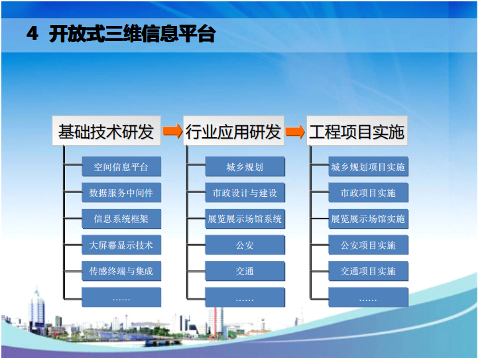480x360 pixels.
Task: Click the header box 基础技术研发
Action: click(x=106, y=131)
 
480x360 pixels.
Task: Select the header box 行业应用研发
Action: click(x=233, y=131)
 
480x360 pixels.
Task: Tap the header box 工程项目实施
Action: click(x=357, y=131)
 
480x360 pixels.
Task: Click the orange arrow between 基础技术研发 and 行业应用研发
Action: click(x=172, y=131)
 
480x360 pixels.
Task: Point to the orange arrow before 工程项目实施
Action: click(x=295, y=131)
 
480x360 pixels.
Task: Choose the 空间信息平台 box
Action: click(x=121, y=166)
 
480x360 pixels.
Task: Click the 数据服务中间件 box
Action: click(x=121, y=193)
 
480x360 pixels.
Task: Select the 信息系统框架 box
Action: click(x=121, y=219)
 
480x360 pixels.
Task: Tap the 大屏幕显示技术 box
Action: click(x=121, y=245)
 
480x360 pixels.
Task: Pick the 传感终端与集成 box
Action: click(x=121, y=271)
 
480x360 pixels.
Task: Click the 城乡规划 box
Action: click(x=245, y=166)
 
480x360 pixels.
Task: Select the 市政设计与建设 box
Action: click(x=245, y=193)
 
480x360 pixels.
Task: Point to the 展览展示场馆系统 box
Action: click(x=245, y=219)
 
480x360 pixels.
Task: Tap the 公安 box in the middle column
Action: click(x=245, y=245)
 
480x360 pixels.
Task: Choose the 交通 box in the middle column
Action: click(x=245, y=271)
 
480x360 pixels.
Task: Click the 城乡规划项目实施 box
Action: click(x=368, y=166)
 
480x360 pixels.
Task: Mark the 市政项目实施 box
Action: click(x=368, y=193)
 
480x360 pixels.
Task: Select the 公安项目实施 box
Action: click(x=368, y=245)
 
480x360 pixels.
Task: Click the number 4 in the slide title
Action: click(x=32, y=34)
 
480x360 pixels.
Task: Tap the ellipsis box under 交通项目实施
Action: click(x=368, y=298)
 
